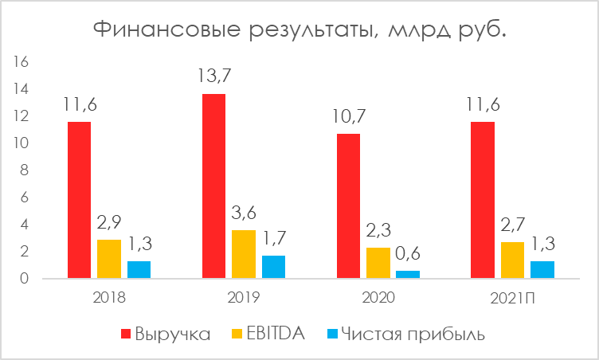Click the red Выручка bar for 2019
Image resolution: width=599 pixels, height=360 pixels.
213,186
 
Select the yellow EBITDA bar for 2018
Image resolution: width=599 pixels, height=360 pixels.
109,259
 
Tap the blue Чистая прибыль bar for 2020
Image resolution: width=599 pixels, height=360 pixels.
408,274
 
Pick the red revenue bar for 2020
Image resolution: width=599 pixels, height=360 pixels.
348,206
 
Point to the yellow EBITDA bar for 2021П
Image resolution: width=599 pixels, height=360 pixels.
513,260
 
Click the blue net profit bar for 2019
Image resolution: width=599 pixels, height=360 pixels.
273,267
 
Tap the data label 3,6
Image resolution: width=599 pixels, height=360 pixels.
244,214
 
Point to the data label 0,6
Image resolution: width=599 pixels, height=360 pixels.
408,255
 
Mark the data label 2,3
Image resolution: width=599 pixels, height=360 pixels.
378,232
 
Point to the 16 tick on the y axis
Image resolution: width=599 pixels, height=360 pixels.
22,62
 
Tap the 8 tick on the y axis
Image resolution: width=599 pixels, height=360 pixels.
25,170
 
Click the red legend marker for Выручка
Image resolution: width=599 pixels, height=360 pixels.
125,334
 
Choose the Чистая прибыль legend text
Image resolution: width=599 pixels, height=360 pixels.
413,334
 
